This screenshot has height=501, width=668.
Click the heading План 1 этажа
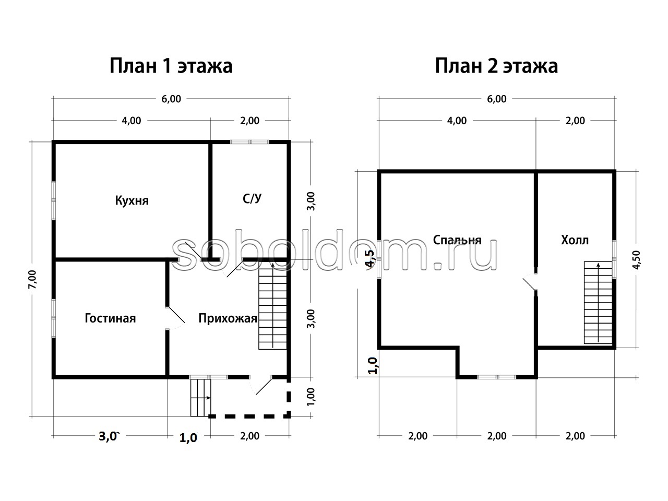pos(171,66)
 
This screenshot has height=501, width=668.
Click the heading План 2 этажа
pos(496,66)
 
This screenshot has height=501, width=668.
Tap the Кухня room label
pos(132,201)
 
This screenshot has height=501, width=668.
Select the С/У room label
pos(252,199)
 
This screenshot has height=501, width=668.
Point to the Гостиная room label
pos(110,318)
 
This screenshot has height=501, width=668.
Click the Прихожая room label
pos(228,318)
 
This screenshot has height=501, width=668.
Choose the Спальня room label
pos(457,240)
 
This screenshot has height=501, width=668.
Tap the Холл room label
pos(575,240)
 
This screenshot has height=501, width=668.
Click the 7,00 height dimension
pos(32,279)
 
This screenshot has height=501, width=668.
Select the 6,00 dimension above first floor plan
pos(171,99)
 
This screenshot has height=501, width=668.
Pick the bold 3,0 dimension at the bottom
pos(108,436)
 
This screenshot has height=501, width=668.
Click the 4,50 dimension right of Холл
pos(636,260)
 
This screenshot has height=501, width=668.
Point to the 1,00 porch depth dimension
pos(311,397)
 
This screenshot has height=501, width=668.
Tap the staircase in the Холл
pos(598,303)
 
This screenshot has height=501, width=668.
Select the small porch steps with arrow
pos(201,398)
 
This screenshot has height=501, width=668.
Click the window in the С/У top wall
pos(249,142)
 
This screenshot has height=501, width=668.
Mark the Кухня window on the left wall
pos(54,201)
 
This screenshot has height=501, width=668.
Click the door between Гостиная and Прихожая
pos(176,318)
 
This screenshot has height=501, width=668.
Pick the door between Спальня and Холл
pos(530,282)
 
